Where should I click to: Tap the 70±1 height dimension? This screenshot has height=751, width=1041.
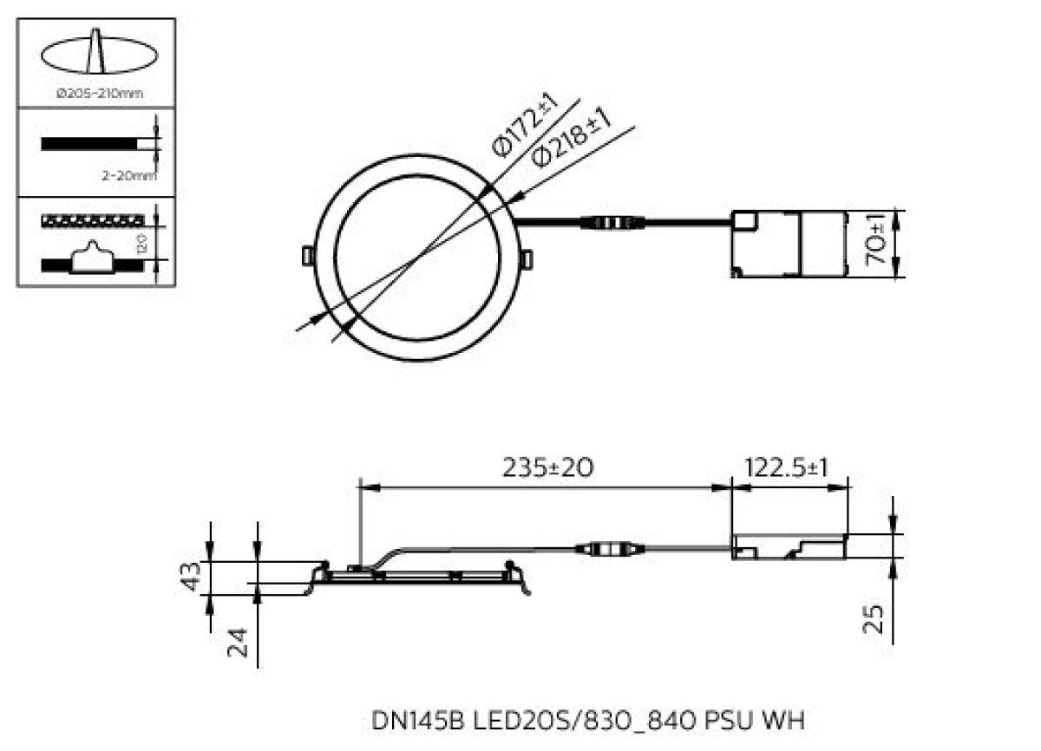click(878, 245)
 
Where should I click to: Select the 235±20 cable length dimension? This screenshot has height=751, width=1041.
click(549, 467)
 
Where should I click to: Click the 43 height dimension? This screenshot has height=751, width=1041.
click(193, 577)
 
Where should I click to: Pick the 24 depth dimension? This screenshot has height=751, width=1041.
click(237, 643)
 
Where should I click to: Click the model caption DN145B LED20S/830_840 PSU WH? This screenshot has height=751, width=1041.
click(589, 720)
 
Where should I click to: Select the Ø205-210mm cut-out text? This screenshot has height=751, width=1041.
click(100, 94)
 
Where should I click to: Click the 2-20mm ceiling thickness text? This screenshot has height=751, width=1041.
click(129, 176)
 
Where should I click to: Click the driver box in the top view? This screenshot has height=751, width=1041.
click(788, 245)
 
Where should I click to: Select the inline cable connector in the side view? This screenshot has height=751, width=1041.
click(610, 548)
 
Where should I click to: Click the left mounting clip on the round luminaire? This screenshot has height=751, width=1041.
click(306, 256)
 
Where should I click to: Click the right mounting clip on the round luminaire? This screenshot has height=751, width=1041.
click(527, 258)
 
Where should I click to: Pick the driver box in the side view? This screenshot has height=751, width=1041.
click(788, 546)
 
